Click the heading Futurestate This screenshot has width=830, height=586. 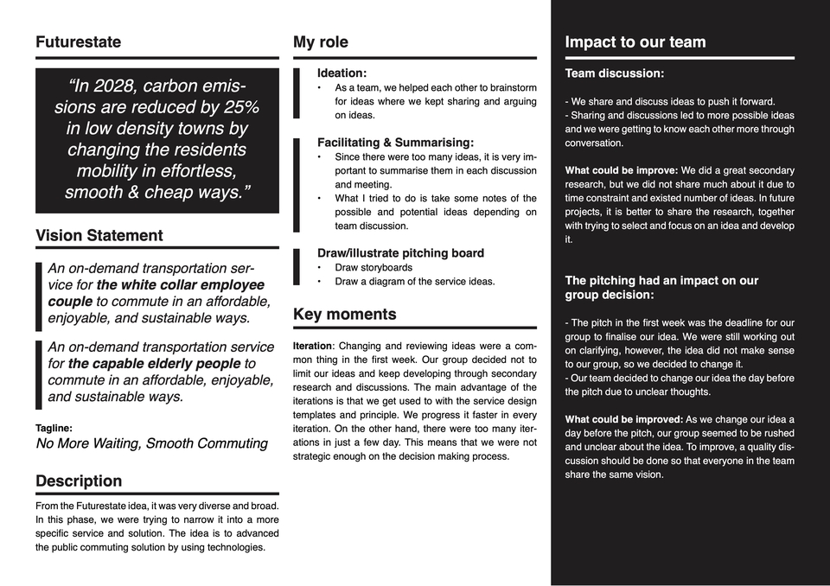coord(78,42)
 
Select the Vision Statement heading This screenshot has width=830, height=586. coord(99,235)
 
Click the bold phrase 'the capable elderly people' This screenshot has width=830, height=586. coord(156,364)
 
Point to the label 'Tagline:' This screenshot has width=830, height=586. coord(54,428)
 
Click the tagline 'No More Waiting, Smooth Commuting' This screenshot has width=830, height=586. coord(151,443)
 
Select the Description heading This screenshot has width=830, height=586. coord(79,481)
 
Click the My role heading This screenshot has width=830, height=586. coord(321,42)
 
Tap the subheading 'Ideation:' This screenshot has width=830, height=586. coord(342,73)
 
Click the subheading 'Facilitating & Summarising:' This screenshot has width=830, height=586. coord(395,143)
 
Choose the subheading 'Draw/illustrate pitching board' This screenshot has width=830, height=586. coord(400,253)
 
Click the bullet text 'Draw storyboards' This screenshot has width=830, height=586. coord(373,268)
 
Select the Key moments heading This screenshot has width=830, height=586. coord(344,314)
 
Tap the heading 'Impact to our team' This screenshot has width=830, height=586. coord(635,42)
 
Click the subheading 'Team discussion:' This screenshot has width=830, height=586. coord(614,73)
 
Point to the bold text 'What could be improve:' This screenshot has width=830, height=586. coord(621,170)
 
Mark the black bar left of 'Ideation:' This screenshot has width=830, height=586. coord(297,93)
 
